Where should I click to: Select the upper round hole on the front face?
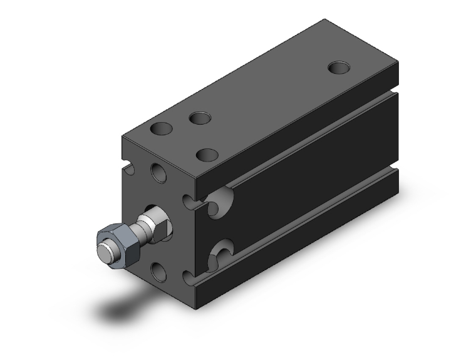pos(160,172)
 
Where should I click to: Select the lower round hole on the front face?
pos(160,270)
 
